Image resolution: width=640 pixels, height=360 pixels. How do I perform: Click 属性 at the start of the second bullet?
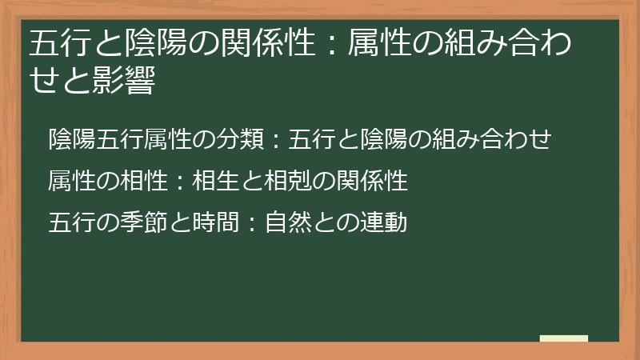72,181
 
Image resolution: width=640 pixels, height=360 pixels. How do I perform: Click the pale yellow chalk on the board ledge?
564,339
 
